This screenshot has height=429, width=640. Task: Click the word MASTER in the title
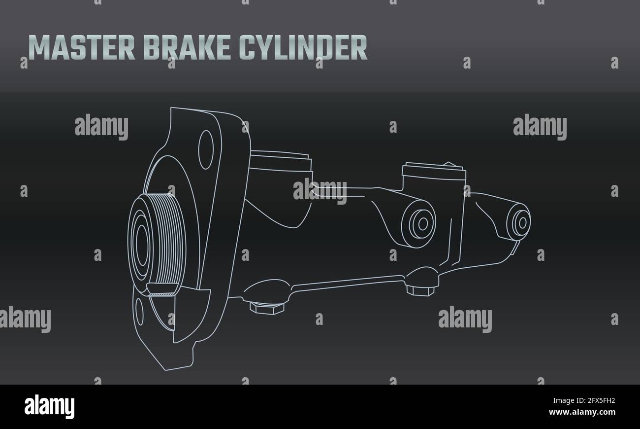point(82,47)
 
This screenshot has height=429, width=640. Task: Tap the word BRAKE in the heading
point(187,47)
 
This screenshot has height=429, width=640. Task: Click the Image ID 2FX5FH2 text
point(584,400)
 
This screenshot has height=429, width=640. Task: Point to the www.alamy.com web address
point(582,412)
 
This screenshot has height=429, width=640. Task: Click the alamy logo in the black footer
point(49,406)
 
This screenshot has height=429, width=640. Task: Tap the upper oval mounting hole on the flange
point(206,150)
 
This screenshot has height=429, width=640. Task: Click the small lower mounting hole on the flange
point(139,312)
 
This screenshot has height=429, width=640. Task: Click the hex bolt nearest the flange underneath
point(267,308)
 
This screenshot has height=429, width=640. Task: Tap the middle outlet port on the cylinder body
point(419,224)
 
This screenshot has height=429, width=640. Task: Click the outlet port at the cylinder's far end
point(519,223)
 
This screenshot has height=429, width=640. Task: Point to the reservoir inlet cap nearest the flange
point(281,162)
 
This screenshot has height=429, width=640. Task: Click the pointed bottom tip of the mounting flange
point(165,370)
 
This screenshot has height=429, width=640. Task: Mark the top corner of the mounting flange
point(171,108)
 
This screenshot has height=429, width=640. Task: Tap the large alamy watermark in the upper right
point(540,126)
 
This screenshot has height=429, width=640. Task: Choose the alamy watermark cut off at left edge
point(25,319)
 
